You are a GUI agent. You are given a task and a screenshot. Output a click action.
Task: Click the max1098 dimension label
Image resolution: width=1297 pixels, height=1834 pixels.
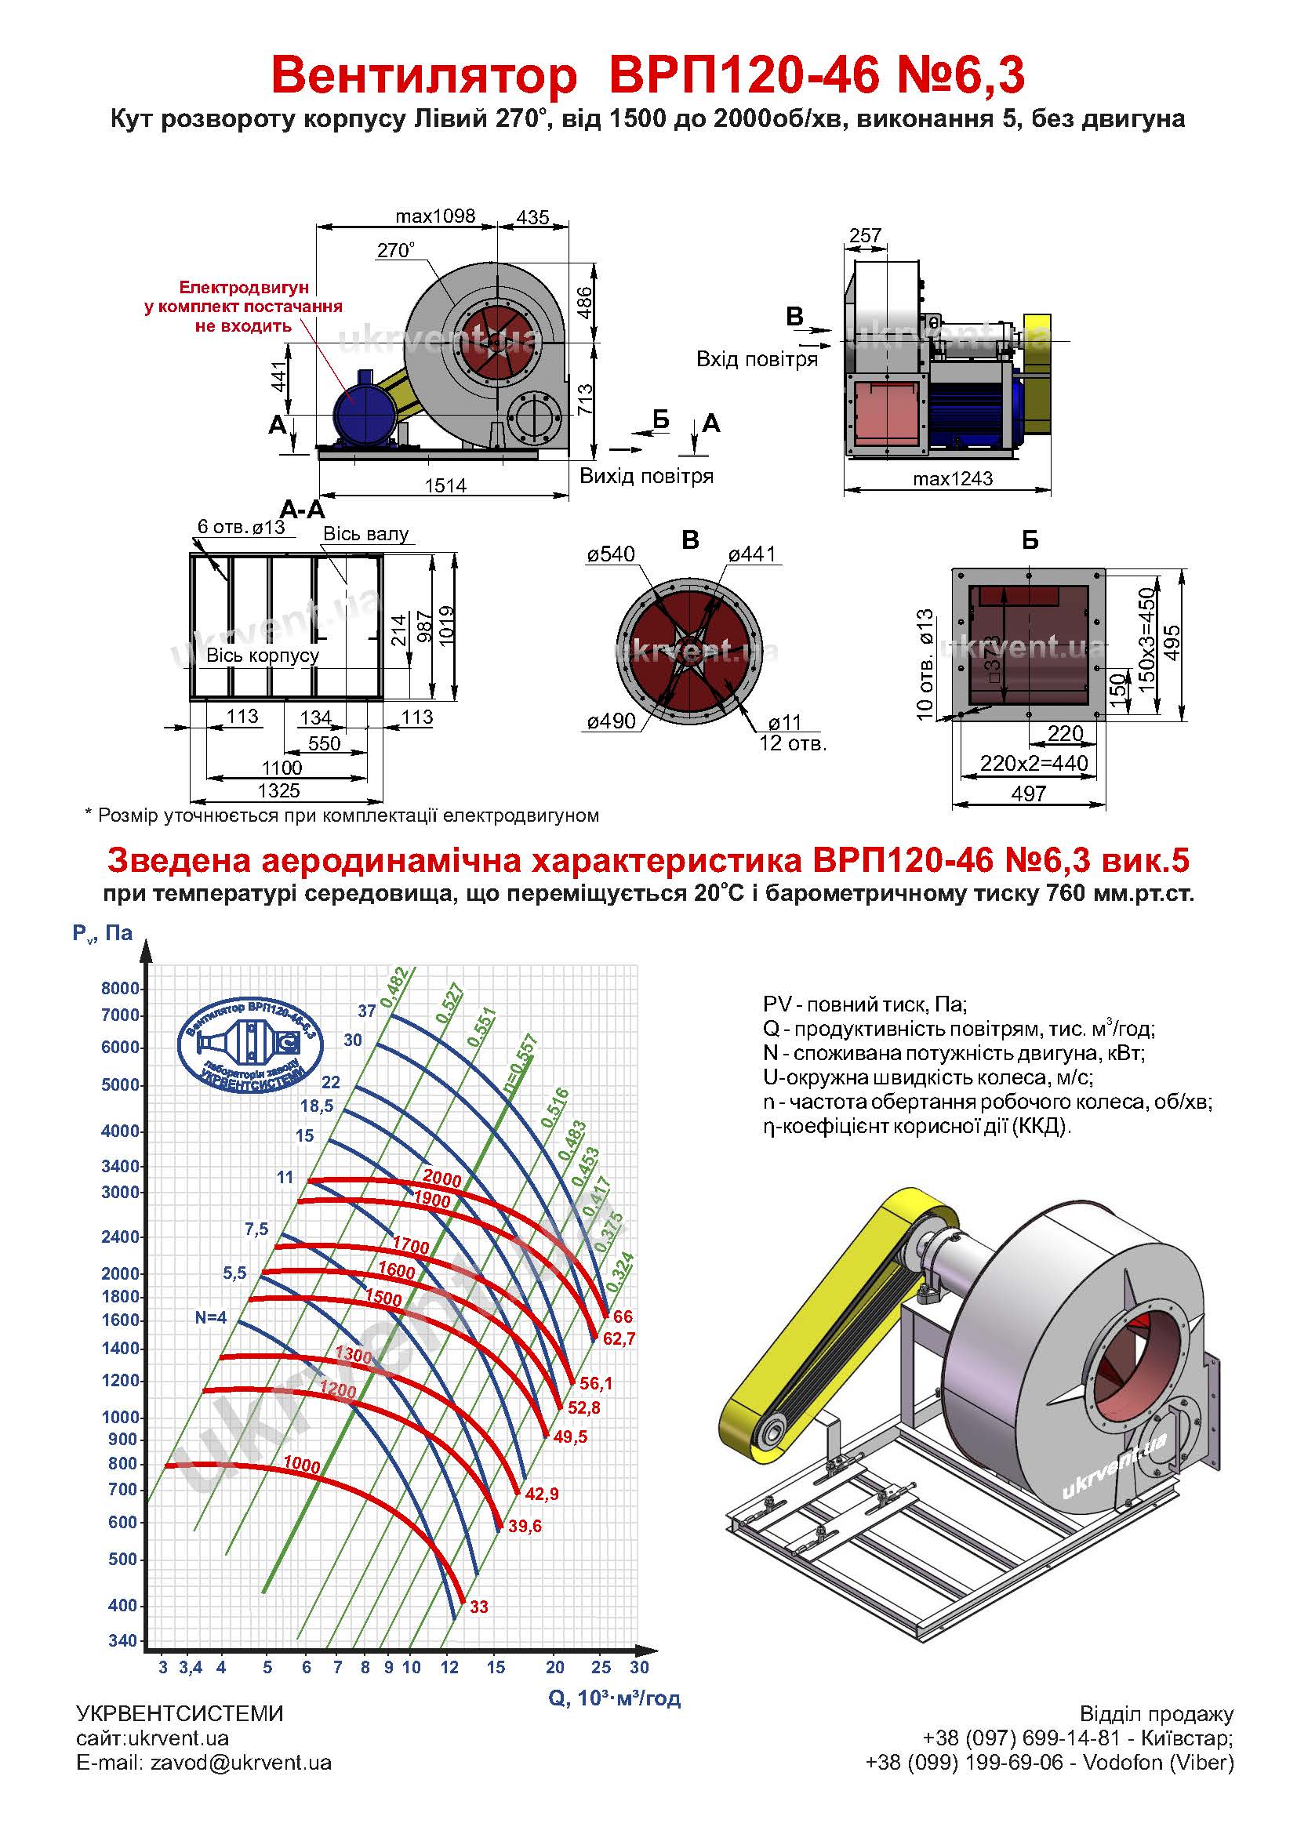pos(435,216)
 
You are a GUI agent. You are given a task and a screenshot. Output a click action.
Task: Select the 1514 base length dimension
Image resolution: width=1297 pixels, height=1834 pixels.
pos(445,485)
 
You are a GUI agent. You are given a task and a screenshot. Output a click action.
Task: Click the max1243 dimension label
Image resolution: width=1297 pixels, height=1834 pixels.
pos(953,478)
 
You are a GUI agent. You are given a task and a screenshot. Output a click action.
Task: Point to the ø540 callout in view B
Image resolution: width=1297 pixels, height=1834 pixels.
pos(611,554)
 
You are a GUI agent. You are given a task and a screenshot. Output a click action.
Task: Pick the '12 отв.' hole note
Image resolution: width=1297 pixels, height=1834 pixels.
pos(792,743)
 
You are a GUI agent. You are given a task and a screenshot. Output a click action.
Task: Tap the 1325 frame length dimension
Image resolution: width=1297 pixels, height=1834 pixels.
pos(278,790)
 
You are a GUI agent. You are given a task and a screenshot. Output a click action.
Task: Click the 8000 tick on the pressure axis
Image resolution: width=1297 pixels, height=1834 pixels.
pos(120,988)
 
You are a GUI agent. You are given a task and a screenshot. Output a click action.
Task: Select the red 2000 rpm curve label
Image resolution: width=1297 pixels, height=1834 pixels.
pos(441,1177)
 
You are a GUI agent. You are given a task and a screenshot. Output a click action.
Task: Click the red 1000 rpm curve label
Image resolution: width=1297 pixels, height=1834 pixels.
pos(302,1465)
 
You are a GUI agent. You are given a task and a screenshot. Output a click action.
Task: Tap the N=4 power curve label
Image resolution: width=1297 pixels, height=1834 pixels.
pos(211,1317)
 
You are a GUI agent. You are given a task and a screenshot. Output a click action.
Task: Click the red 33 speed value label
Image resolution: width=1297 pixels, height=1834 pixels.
pos(479,1607)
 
